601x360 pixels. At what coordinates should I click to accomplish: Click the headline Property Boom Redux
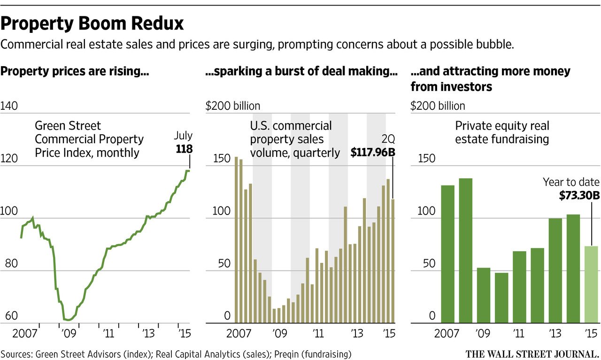click(x=92, y=23)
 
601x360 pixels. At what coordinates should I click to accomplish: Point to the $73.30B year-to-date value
click(x=579, y=195)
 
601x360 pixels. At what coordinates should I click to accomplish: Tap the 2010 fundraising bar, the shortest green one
click(x=501, y=298)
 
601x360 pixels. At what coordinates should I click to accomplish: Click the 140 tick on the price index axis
click(x=10, y=107)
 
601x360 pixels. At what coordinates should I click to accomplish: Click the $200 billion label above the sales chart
click(x=233, y=107)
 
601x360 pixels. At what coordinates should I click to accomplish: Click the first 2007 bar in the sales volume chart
click(x=236, y=240)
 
